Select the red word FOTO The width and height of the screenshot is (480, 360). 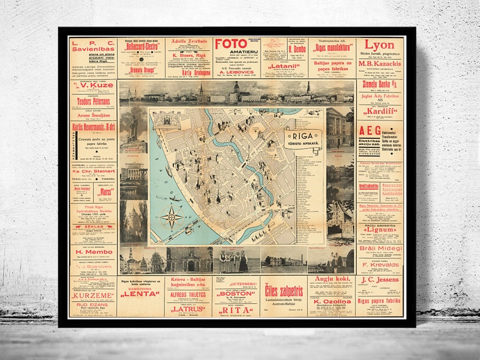tap(232, 44)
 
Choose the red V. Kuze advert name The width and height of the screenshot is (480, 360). tap(93, 86)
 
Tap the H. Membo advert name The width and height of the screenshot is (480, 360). tap(94, 251)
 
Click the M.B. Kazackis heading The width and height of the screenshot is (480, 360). tap(379, 62)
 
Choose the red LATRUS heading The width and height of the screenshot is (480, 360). tap(187, 309)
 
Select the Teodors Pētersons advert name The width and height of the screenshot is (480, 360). tap(94, 100)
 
